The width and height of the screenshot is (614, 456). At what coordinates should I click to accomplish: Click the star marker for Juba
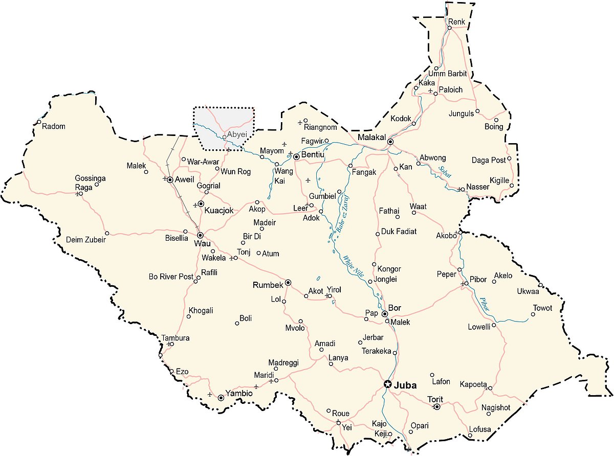(388, 384)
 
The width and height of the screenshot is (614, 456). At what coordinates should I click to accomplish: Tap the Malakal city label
(372, 138)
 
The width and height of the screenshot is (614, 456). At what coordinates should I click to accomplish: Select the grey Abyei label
(237, 134)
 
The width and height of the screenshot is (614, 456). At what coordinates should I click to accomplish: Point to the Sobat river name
(444, 172)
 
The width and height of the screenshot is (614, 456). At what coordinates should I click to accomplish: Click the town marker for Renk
(449, 28)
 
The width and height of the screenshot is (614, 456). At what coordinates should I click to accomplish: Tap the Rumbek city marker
(288, 282)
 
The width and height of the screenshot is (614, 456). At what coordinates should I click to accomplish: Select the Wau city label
(199, 243)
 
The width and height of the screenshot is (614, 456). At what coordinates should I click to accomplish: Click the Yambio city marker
(221, 397)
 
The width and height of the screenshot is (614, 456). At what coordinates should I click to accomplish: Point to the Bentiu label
(314, 154)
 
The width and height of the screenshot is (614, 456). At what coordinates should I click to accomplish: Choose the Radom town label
(54, 126)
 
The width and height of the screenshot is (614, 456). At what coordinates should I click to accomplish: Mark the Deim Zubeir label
(86, 239)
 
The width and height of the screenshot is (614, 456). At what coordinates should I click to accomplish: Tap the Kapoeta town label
(473, 384)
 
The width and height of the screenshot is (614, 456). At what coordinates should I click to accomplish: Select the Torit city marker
(436, 407)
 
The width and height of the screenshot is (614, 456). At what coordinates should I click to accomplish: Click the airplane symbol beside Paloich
(430, 91)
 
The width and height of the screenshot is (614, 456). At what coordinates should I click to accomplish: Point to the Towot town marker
(533, 314)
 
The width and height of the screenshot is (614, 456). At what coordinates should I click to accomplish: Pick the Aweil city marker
(170, 179)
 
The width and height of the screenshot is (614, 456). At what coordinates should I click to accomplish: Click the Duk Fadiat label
(399, 232)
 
